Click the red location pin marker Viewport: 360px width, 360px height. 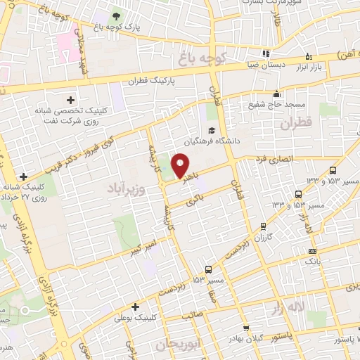pyautogui.click(x=181, y=166)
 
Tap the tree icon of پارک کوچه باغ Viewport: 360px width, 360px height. pyautogui.click(x=115, y=15)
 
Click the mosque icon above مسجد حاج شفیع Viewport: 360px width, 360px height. pyautogui.click(x=277, y=94)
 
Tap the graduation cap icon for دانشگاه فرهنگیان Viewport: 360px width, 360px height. pyautogui.click(x=212, y=131)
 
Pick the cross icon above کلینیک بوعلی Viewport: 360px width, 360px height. pyautogui.click(x=135, y=306)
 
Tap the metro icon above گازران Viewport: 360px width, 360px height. pyautogui.click(x=262, y=226)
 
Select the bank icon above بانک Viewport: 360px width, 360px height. pyautogui.click(x=312, y=251)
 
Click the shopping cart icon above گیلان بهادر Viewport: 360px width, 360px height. pyautogui.click(x=245, y=328)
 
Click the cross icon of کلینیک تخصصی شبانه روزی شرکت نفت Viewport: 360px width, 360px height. pyautogui.click(x=70, y=101)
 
